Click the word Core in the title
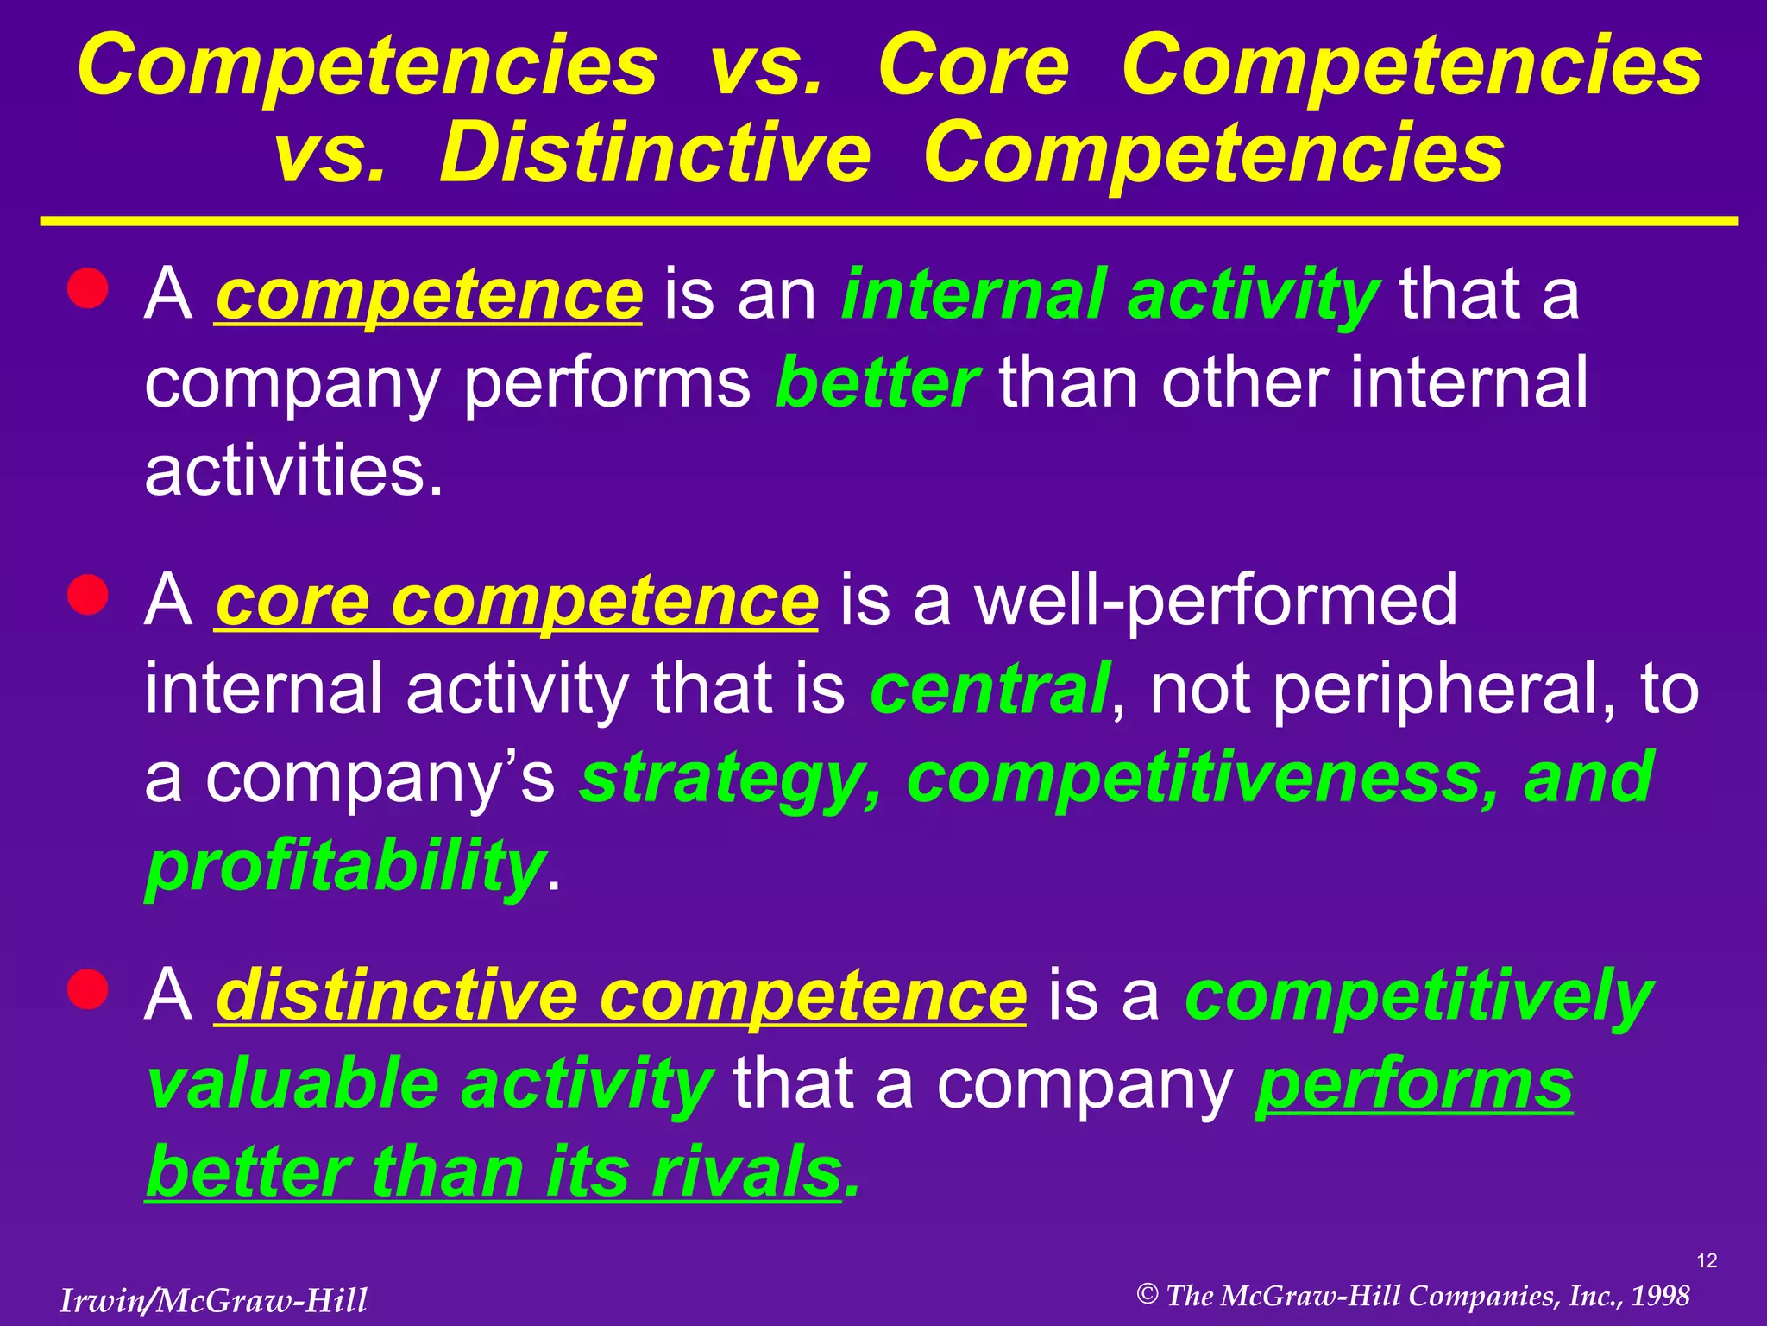click(973, 66)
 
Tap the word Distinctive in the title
click(655, 155)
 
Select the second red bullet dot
click(88, 595)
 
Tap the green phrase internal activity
click(1110, 294)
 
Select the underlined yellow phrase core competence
click(516, 601)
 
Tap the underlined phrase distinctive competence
click(620, 995)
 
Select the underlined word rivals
click(746, 1171)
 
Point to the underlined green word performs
click(1414, 1083)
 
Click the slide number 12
click(1707, 1261)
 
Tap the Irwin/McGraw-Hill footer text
click(213, 1300)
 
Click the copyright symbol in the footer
click(1147, 1294)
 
